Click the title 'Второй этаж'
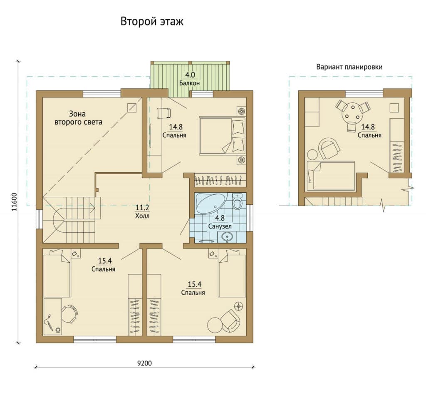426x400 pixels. (152, 22)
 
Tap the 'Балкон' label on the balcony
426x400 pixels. (189, 83)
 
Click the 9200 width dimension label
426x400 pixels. (144, 363)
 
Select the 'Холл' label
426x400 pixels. (142, 216)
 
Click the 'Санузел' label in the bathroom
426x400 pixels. (220, 226)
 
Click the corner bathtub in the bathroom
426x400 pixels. (209, 203)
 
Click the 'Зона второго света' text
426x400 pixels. (78, 118)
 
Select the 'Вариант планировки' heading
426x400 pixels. (349, 67)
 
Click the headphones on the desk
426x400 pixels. (58, 330)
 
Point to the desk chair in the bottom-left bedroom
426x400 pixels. (70, 314)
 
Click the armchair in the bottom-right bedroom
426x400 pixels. (230, 320)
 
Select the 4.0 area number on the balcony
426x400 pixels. (190, 75)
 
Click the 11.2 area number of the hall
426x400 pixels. (142, 208)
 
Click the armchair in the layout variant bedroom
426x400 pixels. (329, 148)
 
